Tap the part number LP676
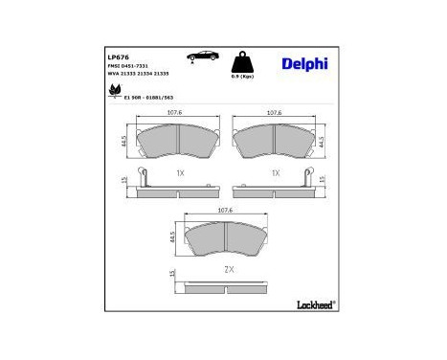(117, 56)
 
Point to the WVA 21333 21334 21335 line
(137, 75)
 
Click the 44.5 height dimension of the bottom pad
(173, 237)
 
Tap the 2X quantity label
(228, 269)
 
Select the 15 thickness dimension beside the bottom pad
(171, 275)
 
